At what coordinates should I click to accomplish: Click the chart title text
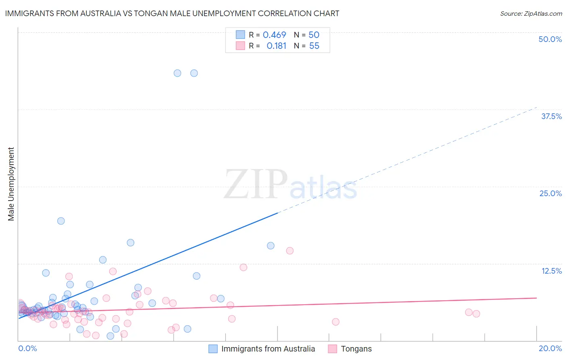tap(172, 13)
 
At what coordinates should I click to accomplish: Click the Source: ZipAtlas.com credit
tap(531, 13)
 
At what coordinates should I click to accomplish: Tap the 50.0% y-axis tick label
tap(550, 39)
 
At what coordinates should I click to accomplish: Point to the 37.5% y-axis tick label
tap(551, 116)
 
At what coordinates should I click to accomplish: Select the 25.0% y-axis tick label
tap(550, 193)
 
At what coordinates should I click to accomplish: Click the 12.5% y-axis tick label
tap(551, 271)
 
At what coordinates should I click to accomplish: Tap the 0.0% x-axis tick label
tap(28, 348)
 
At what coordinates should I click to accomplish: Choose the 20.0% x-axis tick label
tap(550, 348)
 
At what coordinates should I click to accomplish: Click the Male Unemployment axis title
tap(11, 184)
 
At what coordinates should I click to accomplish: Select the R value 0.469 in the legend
tap(274, 35)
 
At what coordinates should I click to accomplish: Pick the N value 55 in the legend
tap(314, 46)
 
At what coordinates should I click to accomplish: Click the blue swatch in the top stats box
tap(240, 35)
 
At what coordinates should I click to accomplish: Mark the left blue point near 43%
tap(177, 73)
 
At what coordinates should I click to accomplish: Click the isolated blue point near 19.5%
tap(61, 221)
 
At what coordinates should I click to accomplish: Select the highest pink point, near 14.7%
tap(290, 251)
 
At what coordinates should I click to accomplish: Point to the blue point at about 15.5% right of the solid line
tap(271, 246)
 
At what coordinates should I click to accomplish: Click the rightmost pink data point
tap(476, 314)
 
